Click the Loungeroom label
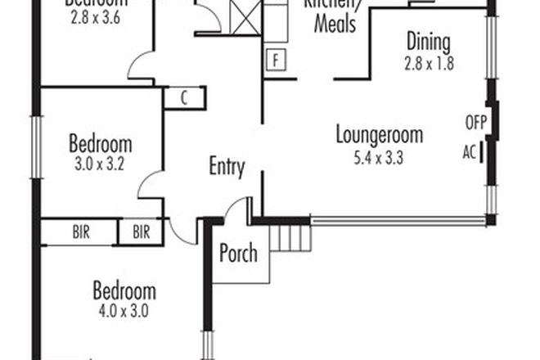pyautogui.click(x=379, y=135)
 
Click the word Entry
pyautogui.click(x=227, y=168)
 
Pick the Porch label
pyautogui.click(x=238, y=253)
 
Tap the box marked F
pyautogui.click(x=277, y=61)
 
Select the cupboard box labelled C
pyautogui.click(x=184, y=98)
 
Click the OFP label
pyautogui.click(x=475, y=124)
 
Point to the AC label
pyautogui.click(x=469, y=152)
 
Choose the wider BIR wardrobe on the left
pyautogui.click(x=79, y=232)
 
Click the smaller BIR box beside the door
pyautogui.click(x=142, y=232)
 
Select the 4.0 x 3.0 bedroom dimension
pyautogui.click(x=124, y=310)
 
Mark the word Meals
pyautogui.click(x=335, y=25)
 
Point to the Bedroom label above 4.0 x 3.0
pyautogui.click(x=124, y=291)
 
